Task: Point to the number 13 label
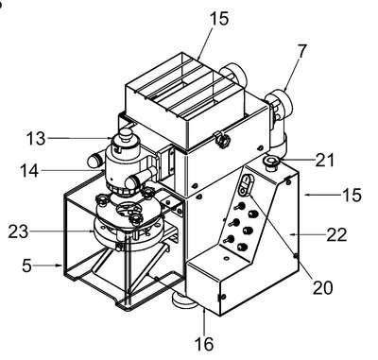click(x=36, y=138)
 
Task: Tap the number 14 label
click(x=29, y=171)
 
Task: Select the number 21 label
click(x=324, y=160)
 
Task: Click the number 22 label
click(x=336, y=234)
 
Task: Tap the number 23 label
click(x=18, y=232)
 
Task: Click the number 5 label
click(x=26, y=266)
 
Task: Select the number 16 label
click(x=204, y=344)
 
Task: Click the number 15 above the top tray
click(x=218, y=18)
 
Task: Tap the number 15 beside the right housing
click(x=352, y=195)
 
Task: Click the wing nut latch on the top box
click(x=222, y=140)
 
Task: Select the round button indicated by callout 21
click(x=270, y=163)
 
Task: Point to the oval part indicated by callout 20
click(x=246, y=185)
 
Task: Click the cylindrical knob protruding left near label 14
click(x=94, y=161)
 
